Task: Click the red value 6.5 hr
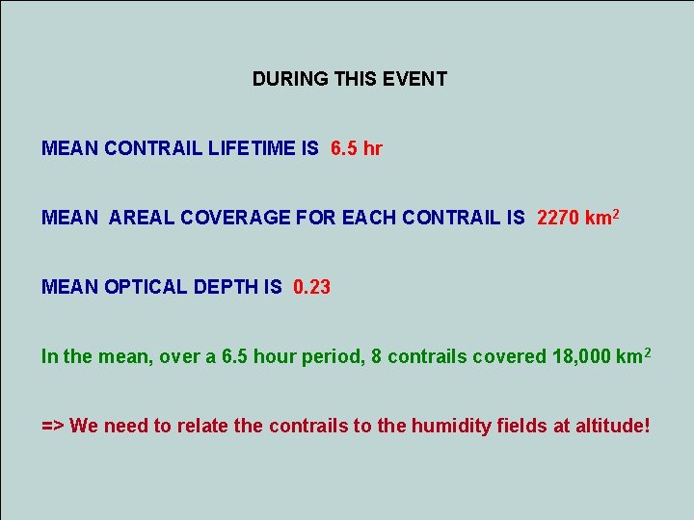click(x=356, y=148)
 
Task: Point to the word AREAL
click(x=139, y=218)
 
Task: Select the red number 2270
click(x=558, y=218)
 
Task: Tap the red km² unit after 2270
click(x=601, y=217)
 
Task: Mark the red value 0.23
click(x=311, y=287)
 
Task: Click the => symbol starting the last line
click(x=53, y=426)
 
